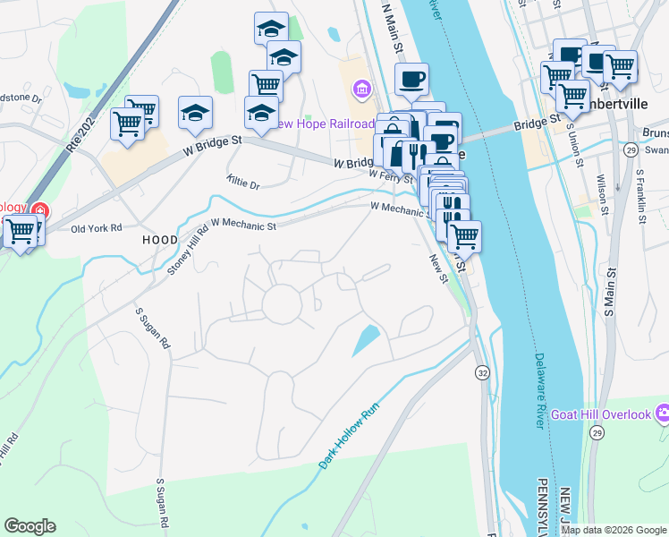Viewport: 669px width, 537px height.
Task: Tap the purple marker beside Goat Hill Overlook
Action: [x=663, y=414]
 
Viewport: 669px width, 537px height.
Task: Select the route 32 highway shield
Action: [x=483, y=371]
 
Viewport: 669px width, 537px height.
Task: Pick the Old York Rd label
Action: [x=96, y=228]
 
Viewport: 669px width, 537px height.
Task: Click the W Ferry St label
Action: [x=392, y=176]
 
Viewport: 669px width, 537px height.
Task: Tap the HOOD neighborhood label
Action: [x=160, y=241]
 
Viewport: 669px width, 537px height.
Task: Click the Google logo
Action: [x=30, y=526]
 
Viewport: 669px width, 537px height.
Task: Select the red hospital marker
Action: [x=39, y=212]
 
